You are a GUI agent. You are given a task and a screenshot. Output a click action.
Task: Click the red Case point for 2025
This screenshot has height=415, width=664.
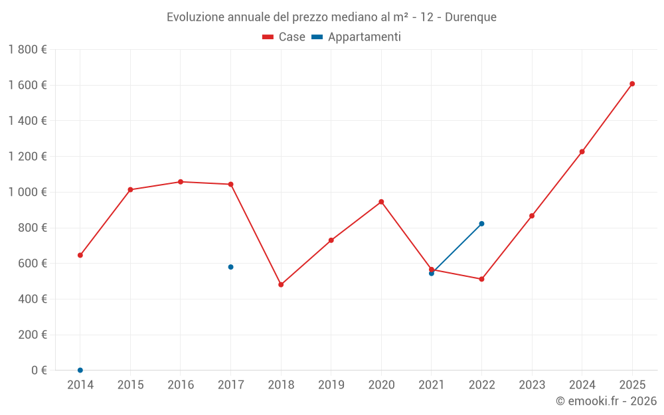point(632,84)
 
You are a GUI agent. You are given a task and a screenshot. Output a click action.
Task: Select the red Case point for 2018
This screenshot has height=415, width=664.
point(281,284)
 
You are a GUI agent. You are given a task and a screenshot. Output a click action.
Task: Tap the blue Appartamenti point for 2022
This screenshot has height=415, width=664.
point(481,224)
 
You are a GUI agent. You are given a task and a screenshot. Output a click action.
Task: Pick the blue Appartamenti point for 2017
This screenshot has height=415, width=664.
point(230,267)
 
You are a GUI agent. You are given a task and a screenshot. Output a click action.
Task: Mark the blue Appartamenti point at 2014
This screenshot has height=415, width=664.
point(80,370)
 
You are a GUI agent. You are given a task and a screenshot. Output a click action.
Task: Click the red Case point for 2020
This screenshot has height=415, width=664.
point(381,202)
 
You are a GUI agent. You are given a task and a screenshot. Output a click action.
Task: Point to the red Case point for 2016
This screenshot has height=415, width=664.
point(181,182)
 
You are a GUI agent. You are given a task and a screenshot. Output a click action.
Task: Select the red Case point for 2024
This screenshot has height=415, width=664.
point(582,151)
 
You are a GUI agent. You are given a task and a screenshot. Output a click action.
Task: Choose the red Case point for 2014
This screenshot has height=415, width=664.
point(80,255)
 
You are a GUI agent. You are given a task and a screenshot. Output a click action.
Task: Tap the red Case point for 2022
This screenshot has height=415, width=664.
point(481,279)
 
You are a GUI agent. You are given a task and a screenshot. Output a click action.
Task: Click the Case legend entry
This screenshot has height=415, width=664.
point(284,37)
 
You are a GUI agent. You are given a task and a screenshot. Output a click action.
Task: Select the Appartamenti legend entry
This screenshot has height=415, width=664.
point(357,37)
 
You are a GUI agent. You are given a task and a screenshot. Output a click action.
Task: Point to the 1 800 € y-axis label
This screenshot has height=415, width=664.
point(27,50)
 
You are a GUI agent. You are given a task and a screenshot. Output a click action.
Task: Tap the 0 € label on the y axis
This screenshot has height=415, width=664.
point(39,371)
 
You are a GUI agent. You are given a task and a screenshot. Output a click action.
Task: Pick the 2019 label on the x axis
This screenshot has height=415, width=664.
point(331,385)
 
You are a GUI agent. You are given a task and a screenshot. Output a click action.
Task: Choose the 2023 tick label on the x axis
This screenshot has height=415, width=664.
point(531,385)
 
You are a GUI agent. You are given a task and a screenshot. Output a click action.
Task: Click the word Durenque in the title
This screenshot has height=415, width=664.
point(470,17)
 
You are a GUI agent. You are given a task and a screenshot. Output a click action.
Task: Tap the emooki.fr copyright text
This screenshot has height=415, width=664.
point(606,401)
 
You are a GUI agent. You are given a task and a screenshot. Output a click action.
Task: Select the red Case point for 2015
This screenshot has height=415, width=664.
point(130,190)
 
